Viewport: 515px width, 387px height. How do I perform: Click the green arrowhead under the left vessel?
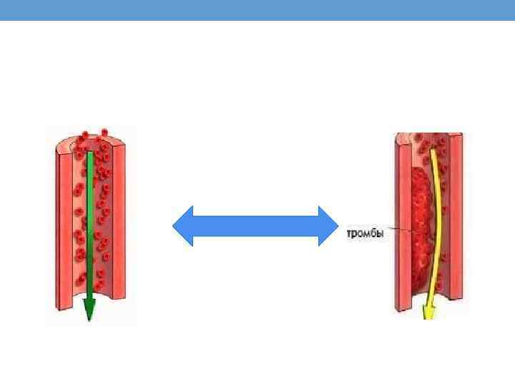[89, 310]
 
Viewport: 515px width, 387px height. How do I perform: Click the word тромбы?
[366, 233]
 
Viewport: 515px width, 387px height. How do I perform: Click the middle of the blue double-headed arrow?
[255, 226]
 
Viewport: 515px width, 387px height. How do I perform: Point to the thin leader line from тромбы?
[398, 230]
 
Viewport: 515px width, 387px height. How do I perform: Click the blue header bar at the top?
[257, 9]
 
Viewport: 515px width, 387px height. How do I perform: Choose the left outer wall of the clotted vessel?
[399, 222]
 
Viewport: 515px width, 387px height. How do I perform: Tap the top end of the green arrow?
[89, 152]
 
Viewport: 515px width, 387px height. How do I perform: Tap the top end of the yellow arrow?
[433, 152]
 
